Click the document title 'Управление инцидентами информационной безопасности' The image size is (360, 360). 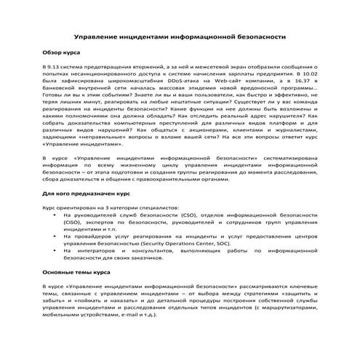[180, 36]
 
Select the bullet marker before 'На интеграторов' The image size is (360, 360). [55, 253]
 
